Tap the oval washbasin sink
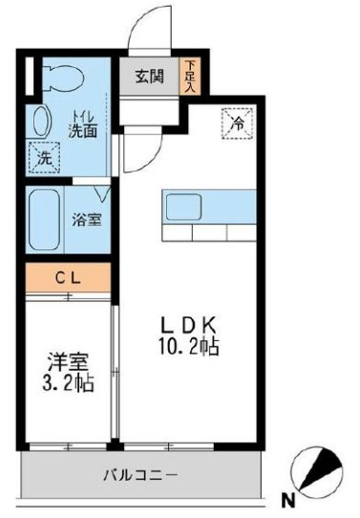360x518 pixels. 42,121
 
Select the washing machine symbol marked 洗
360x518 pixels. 45,158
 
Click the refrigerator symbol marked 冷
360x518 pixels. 238,123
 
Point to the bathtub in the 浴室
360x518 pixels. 44,221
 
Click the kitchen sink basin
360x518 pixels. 183,207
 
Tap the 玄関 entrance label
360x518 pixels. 149,76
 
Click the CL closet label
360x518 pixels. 68,278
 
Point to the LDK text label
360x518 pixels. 188,325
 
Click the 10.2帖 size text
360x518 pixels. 189,346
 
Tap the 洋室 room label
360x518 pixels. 69,362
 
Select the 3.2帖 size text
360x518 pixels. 69,382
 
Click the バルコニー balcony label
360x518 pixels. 141,475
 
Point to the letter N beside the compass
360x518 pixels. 288,500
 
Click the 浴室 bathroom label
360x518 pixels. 87,220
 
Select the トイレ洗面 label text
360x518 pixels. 83,124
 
